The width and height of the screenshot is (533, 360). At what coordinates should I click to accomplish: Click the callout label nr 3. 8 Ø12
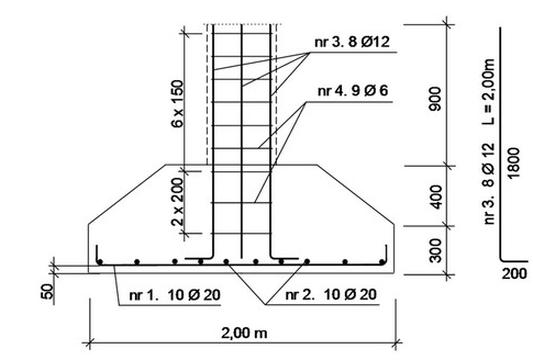tap(352, 42)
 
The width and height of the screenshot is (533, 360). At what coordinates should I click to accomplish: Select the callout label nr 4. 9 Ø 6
tap(353, 91)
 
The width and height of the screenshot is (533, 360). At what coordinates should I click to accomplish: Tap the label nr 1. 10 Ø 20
tap(175, 295)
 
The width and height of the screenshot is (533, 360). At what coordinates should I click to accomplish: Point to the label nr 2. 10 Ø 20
tap(331, 294)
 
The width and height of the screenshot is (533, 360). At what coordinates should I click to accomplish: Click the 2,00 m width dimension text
tap(244, 333)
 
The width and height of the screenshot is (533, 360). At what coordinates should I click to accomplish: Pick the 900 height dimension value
tap(435, 99)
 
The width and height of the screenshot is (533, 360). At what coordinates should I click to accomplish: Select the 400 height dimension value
tap(435, 197)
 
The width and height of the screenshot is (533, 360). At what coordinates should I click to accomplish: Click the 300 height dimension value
tap(435, 251)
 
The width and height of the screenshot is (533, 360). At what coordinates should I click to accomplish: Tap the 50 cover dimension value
tap(48, 291)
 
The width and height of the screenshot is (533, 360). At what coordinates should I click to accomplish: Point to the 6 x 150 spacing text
tap(177, 104)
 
